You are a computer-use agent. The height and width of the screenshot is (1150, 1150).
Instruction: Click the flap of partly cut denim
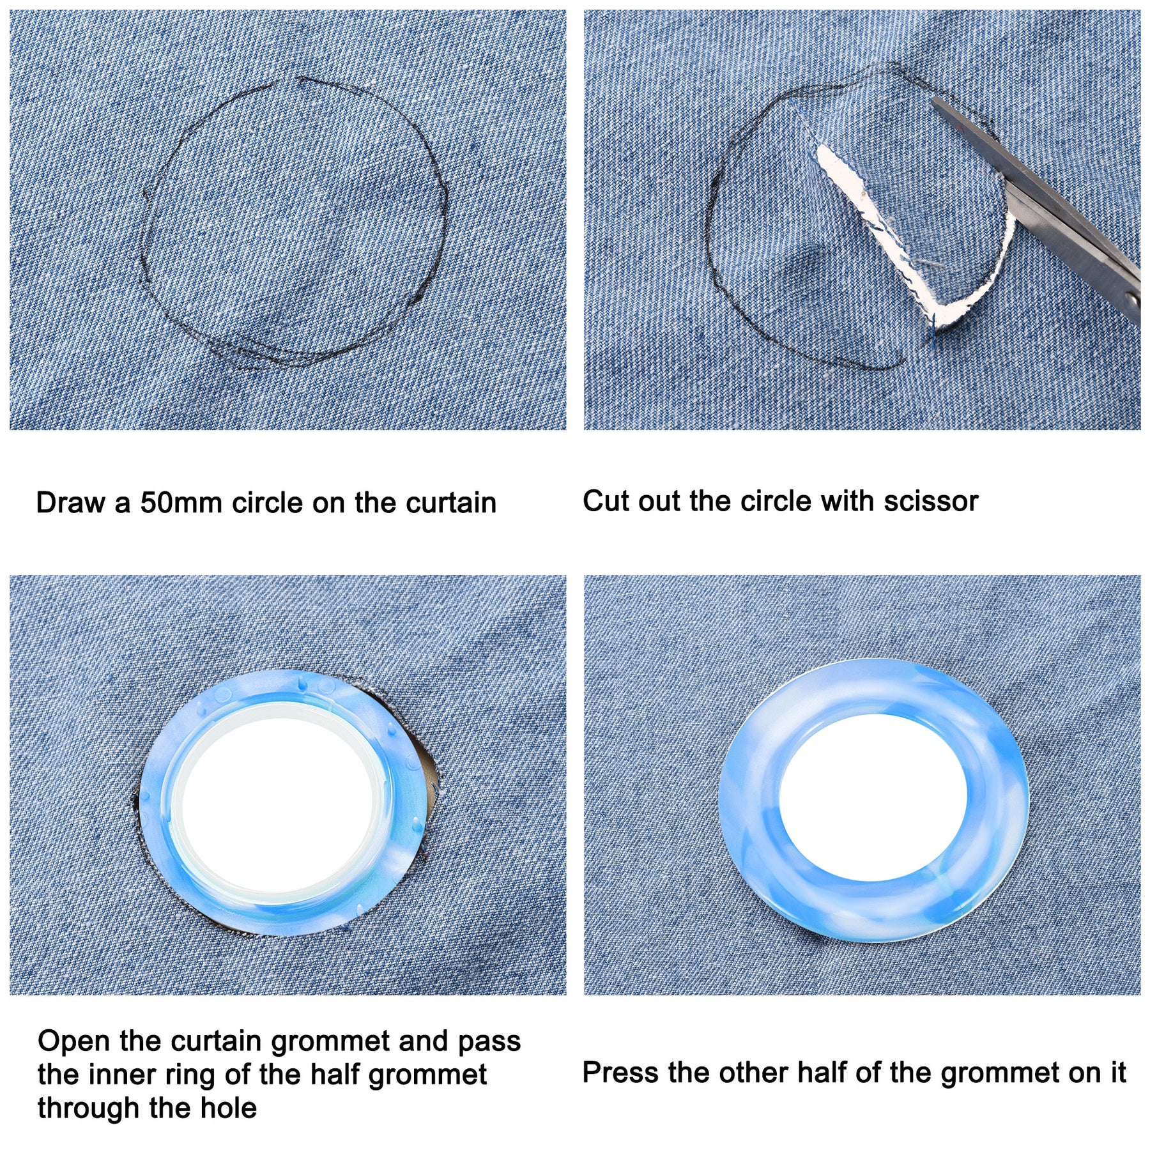(x=907, y=192)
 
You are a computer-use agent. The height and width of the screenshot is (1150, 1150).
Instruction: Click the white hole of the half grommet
(x=279, y=806)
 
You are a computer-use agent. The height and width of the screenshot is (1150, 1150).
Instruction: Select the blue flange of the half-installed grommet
(x=157, y=805)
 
